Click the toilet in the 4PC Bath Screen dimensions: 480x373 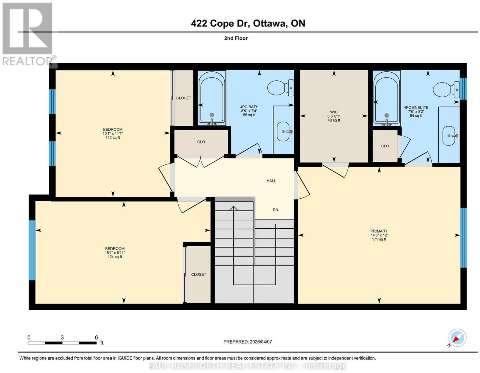click(x=280, y=88)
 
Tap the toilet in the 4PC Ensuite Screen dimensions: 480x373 click(x=446, y=90)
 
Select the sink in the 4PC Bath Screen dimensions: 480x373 click(x=283, y=131)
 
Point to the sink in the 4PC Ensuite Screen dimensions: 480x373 click(x=449, y=136)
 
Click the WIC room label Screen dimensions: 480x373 click(x=334, y=112)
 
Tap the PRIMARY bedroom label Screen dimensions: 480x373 click(x=379, y=231)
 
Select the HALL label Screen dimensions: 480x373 click(x=271, y=181)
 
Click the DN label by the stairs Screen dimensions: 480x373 click(x=275, y=210)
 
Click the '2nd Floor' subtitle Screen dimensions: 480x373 click(x=236, y=38)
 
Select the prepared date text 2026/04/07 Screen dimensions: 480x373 click(x=261, y=341)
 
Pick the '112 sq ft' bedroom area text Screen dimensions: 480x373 click(x=113, y=137)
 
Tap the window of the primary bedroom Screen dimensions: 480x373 click(x=463, y=238)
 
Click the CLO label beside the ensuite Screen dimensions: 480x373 click(x=385, y=146)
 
